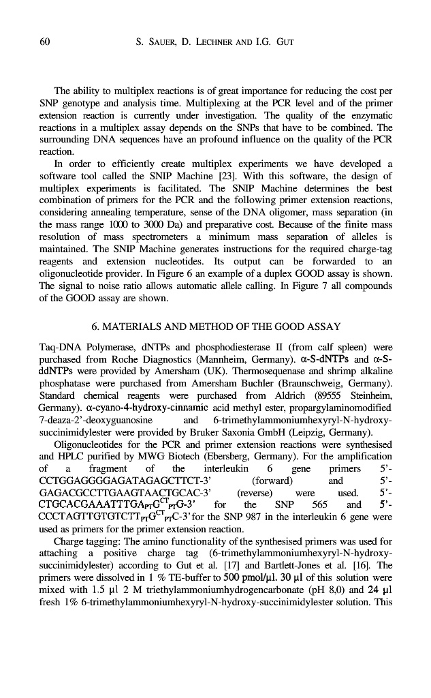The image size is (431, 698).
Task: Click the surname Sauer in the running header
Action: coord(156,43)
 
